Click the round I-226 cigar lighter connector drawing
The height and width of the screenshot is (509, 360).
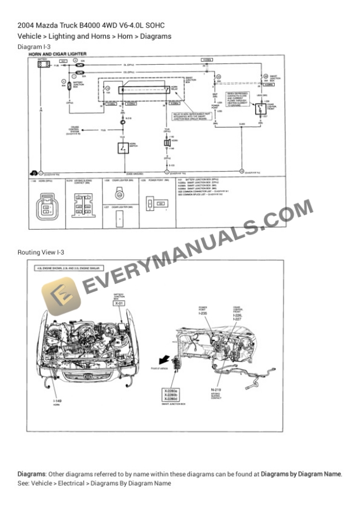[x=119, y=193]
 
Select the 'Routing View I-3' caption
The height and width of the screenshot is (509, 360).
[x=41, y=252]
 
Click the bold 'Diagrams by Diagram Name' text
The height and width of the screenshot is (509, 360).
[x=301, y=474]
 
